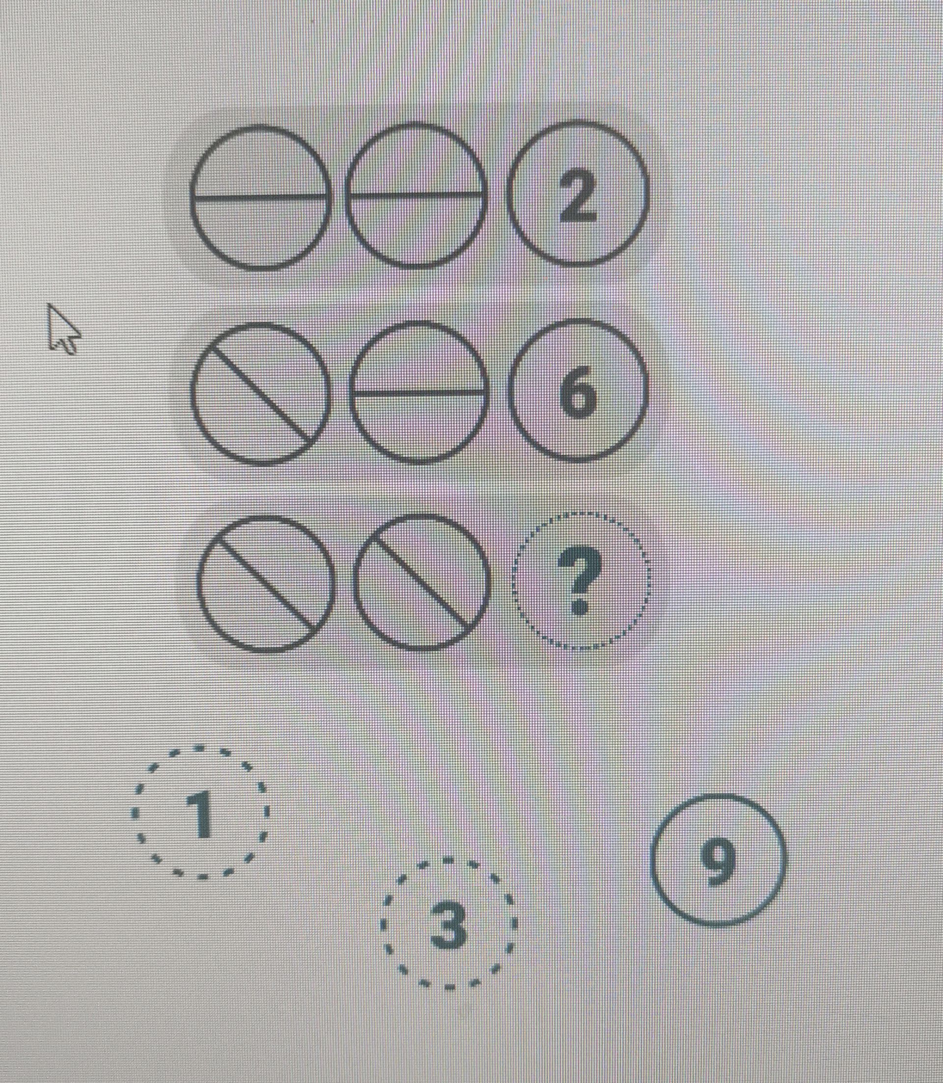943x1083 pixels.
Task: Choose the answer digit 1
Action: (x=200, y=814)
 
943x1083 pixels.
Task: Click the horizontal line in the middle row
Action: (x=418, y=392)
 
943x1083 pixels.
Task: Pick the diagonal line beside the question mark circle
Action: (x=421, y=582)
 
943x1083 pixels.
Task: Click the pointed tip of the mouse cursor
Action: (x=49, y=304)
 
